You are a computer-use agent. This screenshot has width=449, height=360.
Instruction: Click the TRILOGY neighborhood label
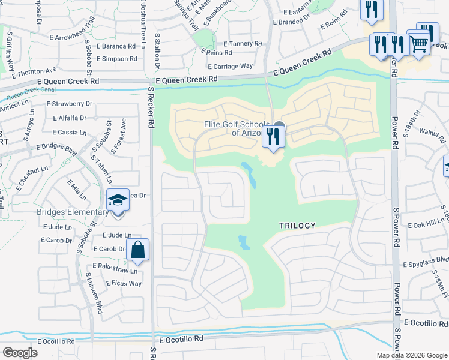(x=297, y=226)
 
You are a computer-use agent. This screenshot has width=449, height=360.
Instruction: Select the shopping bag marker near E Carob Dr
(x=138, y=250)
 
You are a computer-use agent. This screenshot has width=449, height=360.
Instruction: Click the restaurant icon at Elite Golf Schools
(x=273, y=137)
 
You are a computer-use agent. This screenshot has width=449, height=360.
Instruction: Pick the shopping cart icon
(x=418, y=43)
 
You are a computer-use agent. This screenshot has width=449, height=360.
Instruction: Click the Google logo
(x=20, y=352)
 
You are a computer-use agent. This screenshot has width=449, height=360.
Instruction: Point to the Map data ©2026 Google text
(x=412, y=355)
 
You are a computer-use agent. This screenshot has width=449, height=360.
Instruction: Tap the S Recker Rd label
(x=151, y=108)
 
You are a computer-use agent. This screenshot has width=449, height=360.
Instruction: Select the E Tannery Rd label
(x=243, y=44)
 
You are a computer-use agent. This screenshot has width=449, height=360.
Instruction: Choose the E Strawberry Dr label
(x=70, y=104)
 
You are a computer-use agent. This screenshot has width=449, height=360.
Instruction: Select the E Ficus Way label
(x=124, y=283)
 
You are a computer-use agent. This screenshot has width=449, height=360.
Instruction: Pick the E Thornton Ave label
(x=37, y=72)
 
